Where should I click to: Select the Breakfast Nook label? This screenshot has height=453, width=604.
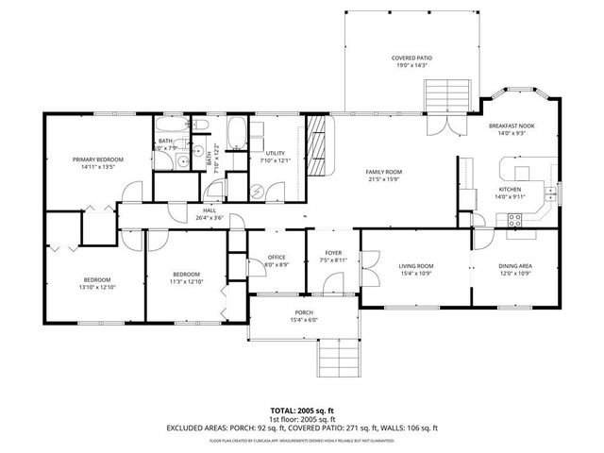[x=514, y=126]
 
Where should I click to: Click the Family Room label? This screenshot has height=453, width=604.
[x=384, y=171]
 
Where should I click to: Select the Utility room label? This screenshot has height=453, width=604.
[x=275, y=153]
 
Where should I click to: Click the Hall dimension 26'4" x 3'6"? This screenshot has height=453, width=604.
[x=209, y=217]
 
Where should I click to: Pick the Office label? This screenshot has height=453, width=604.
[x=277, y=257]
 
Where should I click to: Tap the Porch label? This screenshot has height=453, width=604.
[x=303, y=312]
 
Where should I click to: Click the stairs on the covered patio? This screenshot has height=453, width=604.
[x=441, y=97]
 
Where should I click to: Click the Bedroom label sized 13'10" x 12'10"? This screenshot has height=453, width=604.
[x=97, y=280]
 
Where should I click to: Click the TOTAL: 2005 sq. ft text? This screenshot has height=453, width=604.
[x=302, y=411]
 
